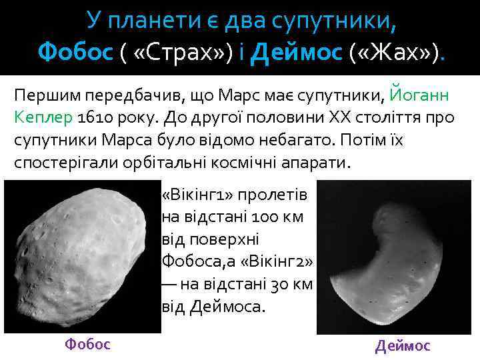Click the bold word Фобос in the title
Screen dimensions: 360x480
(x=75, y=51)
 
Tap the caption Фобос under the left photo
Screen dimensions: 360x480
(x=87, y=344)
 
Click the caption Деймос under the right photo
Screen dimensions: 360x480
(x=403, y=345)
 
